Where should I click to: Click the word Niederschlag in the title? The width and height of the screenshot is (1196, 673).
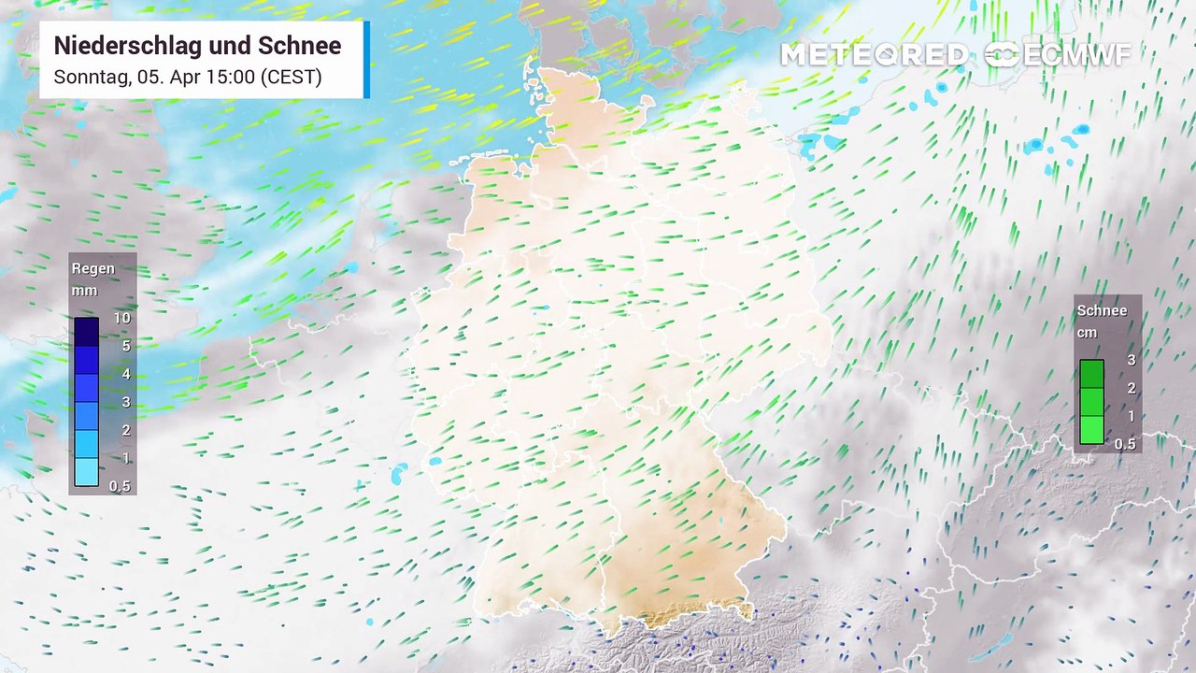click(x=123, y=46)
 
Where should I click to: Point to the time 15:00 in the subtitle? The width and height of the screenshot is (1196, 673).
click(x=230, y=77)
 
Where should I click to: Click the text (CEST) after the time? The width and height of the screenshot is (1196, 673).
click(x=292, y=77)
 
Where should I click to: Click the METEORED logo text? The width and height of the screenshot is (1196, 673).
click(x=874, y=55)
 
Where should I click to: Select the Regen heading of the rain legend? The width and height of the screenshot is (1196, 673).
click(x=93, y=269)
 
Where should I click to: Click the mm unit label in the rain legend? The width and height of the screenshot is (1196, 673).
click(x=85, y=291)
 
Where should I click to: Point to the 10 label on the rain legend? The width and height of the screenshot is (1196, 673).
click(x=121, y=319)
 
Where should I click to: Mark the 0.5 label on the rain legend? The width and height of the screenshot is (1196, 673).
click(x=120, y=486)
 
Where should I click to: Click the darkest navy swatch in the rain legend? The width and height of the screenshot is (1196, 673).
click(x=87, y=332)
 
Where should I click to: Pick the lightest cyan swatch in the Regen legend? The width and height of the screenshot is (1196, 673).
click(x=87, y=472)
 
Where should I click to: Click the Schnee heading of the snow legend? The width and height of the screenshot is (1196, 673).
click(x=1102, y=311)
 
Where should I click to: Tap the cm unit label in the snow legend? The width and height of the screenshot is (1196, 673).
click(x=1087, y=333)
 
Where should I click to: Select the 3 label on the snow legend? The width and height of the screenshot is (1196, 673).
click(x=1131, y=361)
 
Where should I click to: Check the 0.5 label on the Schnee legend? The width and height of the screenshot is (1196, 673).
click(x=1125, y=444)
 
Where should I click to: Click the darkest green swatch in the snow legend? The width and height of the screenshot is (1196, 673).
click(x=1092, y=374)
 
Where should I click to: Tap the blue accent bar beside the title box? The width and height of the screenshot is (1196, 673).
click(x=366, y=59)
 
